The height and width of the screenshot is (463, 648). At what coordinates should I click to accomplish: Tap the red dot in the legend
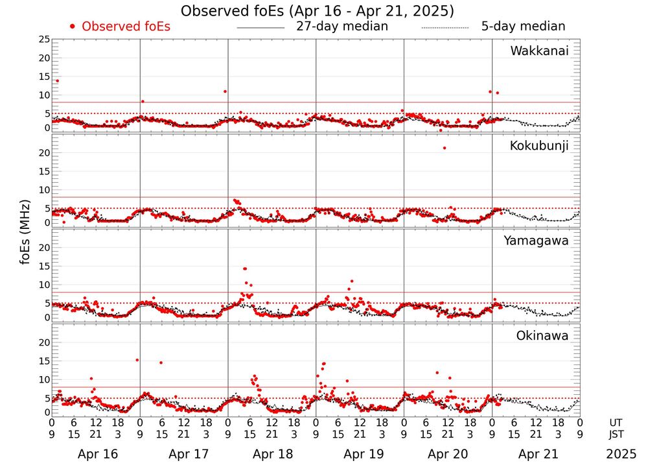tap(73, 27)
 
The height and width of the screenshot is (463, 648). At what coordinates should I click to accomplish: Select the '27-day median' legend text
tap(342, 27)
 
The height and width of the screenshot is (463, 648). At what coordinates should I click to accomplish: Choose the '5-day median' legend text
tap(523, 27)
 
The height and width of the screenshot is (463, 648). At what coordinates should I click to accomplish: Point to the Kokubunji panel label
tap(539, 146)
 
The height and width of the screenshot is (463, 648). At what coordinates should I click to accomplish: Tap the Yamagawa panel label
tap(536, 241)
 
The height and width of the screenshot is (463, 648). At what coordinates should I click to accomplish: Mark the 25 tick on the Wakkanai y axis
tap(43, 40)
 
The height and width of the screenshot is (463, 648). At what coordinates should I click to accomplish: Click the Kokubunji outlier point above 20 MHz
tap(444, 148)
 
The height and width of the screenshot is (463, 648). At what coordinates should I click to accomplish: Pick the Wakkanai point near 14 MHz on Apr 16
tap(57, 80)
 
